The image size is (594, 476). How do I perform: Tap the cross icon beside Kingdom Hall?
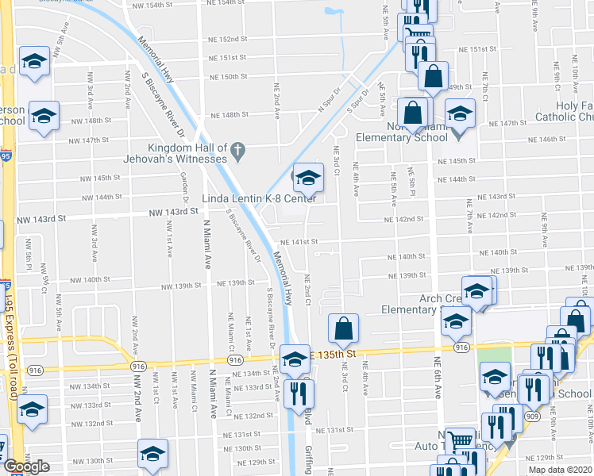237,148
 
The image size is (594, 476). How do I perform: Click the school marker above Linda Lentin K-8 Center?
308,178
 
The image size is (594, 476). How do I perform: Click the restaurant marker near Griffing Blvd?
298,391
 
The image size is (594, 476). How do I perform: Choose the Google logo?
25,466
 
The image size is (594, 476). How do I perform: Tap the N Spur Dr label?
328,103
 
